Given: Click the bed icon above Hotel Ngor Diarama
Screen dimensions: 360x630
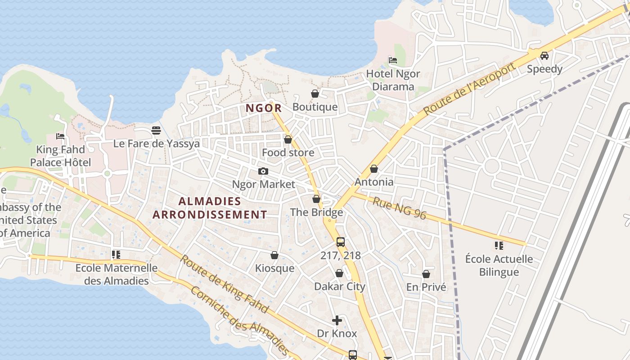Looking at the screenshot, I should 393,60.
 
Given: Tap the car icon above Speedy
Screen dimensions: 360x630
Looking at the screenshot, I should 544,56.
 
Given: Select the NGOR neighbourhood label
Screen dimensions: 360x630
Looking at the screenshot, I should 264,108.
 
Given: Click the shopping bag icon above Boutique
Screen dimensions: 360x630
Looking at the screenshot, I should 315,94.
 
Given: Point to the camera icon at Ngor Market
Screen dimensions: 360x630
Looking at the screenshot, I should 263,171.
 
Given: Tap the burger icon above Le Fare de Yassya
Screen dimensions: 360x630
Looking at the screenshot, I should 156,130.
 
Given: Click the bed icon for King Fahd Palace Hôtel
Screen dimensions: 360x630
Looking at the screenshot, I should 60,136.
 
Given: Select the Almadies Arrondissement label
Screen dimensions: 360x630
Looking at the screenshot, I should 210,207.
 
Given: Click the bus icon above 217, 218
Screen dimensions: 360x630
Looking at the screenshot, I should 341,242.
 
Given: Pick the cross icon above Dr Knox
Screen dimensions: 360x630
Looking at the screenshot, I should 337,320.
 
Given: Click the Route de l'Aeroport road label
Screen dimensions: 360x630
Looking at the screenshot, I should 469,89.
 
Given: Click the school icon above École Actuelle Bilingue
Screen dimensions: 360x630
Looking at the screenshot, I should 499,246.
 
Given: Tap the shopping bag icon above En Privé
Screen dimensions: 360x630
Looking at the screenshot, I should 426,274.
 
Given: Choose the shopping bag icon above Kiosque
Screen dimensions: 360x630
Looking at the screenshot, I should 274,255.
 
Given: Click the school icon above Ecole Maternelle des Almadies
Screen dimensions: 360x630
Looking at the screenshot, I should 116,255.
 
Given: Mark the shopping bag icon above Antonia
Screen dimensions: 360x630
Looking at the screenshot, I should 373,169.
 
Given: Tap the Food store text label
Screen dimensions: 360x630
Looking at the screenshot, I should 288,153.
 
